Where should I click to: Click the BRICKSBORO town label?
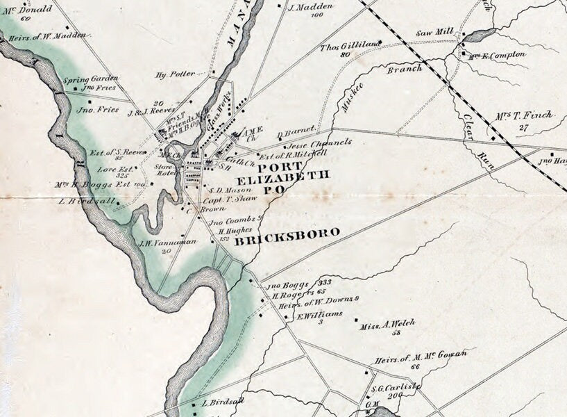(x=287, y=233)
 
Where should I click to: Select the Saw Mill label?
(x=434, y=32)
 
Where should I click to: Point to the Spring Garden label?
(x=91, y=79)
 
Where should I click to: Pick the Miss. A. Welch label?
(x=387, y=324)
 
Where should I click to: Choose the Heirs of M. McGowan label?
(x=421, y=357)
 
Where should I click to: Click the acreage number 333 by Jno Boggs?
(x=324, y=283)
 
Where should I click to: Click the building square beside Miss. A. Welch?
(x=357, y=320)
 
